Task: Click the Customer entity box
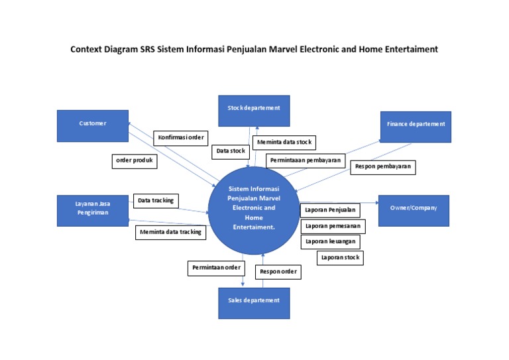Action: point(92,125)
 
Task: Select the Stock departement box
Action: point(254,110)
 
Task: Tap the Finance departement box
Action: point(416,126)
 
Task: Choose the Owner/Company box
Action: point(413,210)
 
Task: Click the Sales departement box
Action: point(254,302)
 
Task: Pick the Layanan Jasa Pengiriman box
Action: point(92,210)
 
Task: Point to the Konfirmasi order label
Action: point(181,138)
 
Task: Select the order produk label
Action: point(134,161)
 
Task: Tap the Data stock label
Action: point(231,151)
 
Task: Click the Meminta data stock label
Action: point(284,143)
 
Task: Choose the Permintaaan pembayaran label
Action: point(306,160)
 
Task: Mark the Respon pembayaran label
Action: point(383,167)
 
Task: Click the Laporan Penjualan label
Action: point(330,211)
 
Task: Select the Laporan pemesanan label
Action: point(333,226)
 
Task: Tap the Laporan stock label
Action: point(339,257)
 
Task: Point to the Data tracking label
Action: point(156,200)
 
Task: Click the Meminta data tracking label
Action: point(171,232)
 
